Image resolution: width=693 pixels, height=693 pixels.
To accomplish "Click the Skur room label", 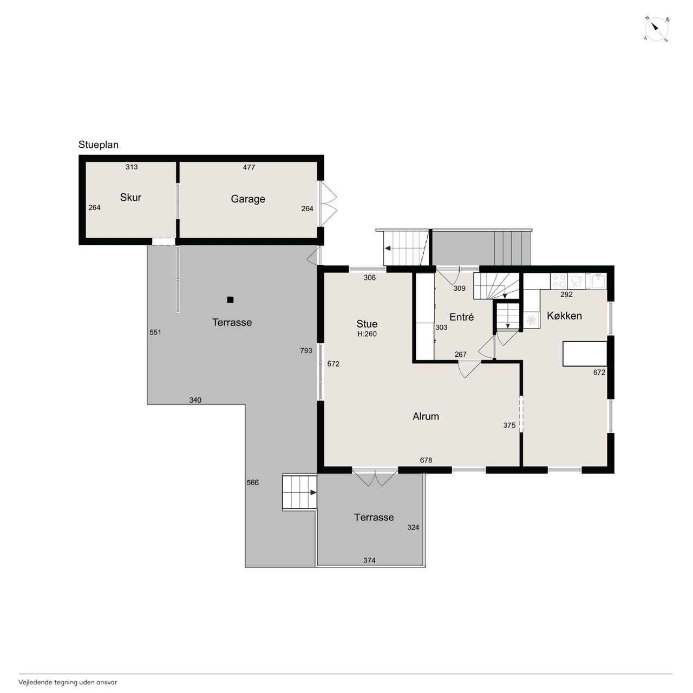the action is click(130, 198).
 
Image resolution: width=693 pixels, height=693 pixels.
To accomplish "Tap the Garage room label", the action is click(248, 199).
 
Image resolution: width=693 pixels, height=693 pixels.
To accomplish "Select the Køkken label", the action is click(564, 316).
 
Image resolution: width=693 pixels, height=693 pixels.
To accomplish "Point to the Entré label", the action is click(461, 317).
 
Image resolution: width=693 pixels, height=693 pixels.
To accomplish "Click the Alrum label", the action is click(426, 416).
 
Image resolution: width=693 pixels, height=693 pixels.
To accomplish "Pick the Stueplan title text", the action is click(98, 145).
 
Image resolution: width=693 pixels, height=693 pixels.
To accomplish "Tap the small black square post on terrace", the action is click(230, 299).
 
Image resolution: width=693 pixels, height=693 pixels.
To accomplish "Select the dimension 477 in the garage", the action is click(249, 167).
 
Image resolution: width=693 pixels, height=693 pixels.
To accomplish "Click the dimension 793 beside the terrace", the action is click(306, 351).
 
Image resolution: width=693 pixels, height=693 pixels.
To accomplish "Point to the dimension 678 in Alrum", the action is click(426, 460).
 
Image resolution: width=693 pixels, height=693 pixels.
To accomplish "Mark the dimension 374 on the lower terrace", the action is click(369, 560).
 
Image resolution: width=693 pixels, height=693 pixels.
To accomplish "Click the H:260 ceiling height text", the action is click(367, 334).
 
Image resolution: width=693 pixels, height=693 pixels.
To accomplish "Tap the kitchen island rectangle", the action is click(585, 354).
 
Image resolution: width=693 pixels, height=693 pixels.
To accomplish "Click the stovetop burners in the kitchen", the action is click(559, 281).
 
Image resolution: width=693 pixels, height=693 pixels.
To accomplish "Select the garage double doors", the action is click(328, 204).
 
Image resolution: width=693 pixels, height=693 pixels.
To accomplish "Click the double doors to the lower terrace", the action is click(375, 478).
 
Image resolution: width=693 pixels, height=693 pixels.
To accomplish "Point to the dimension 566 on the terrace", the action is click(252, 482).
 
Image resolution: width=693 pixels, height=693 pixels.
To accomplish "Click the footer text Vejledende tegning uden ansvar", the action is click(68, 682).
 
